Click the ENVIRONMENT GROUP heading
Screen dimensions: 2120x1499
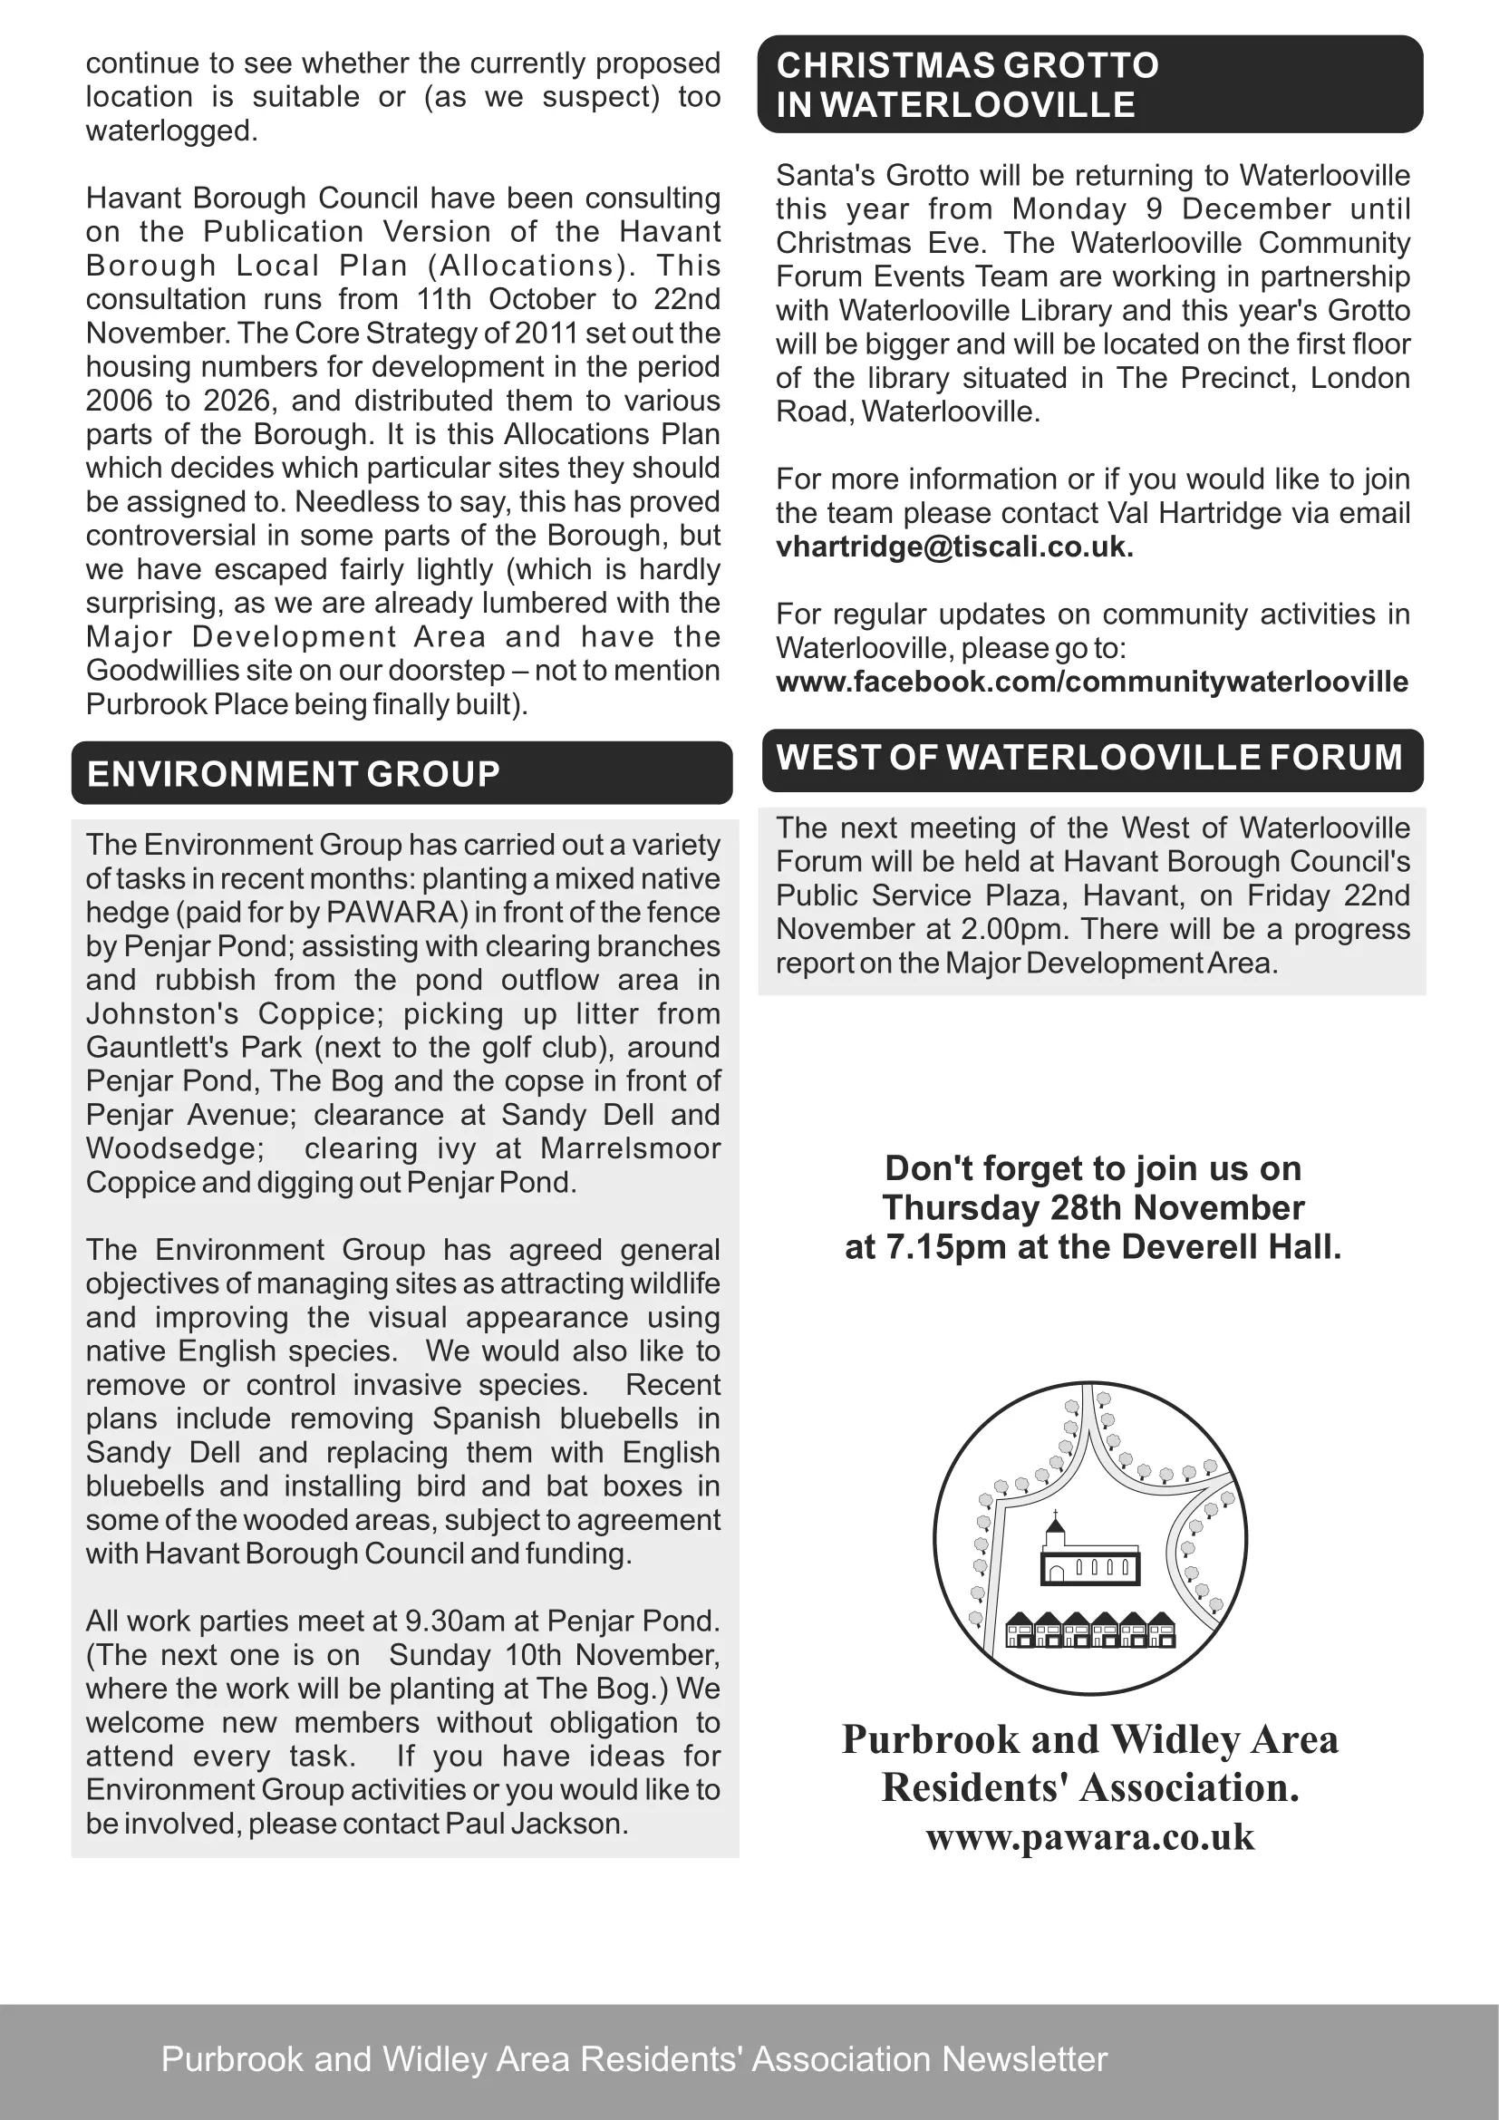point(293,774)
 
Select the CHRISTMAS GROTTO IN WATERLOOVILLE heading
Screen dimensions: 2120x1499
point(966,85)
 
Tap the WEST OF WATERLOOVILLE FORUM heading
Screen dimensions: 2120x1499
point(1089,757)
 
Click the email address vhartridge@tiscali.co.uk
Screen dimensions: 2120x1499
point(953,547)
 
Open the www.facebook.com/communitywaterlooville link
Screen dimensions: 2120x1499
point(1091,682)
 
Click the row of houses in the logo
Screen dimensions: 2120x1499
point(1090,1631)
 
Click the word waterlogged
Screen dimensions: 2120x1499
point(170,131)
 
